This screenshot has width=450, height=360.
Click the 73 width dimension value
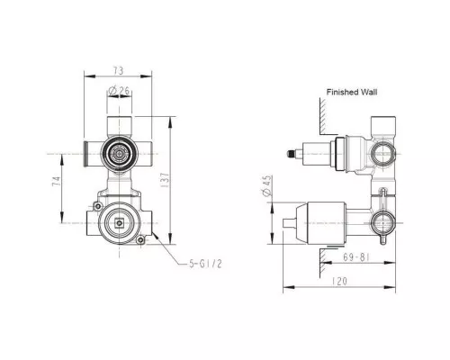[119, 68]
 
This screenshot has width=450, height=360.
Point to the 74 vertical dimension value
[55, 186]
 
